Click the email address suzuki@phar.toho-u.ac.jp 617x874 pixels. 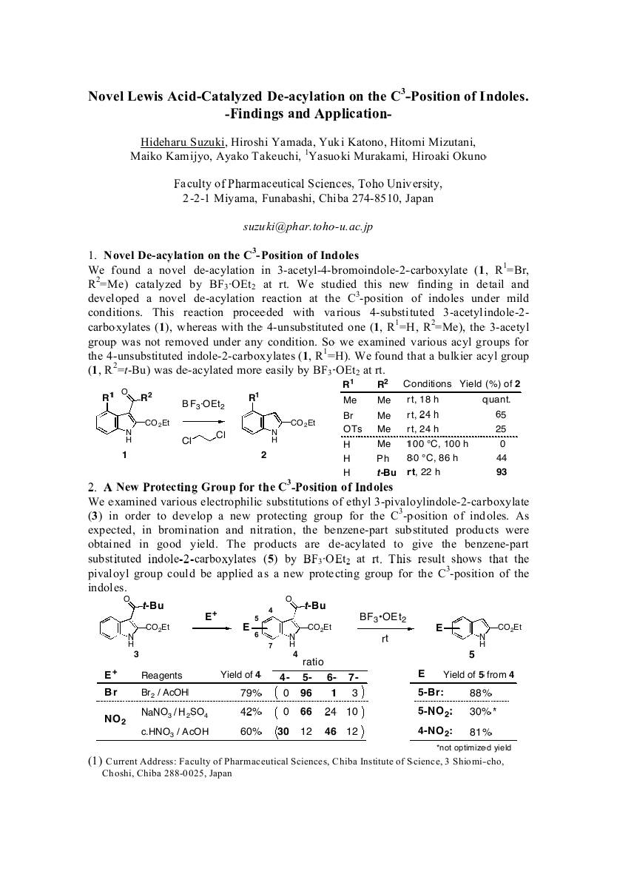click(x=308, y=227)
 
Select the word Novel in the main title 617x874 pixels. click(x=108, y=97)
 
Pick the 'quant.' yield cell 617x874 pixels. click(x=499, y=400)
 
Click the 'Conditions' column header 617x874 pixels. click(x=427, y=384)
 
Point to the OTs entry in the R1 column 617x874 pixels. click(x=352, y=429)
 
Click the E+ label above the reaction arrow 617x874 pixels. click(x=211, y=615)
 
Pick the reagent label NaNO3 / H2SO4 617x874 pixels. click(x=175, y=713)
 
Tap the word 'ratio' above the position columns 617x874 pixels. click(x=314, y=662)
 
